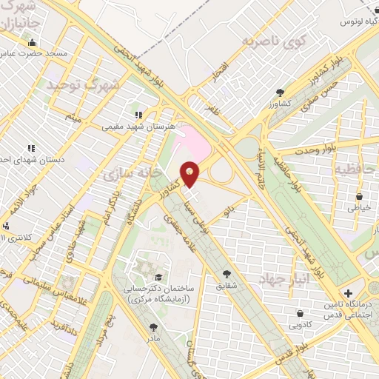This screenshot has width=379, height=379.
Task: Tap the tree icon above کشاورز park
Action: [279, 93]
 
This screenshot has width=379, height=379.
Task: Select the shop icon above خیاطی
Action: [359, 197]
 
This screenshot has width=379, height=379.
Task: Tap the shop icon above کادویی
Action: [300, 313]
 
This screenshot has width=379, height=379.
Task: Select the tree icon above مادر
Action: [153, 326]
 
